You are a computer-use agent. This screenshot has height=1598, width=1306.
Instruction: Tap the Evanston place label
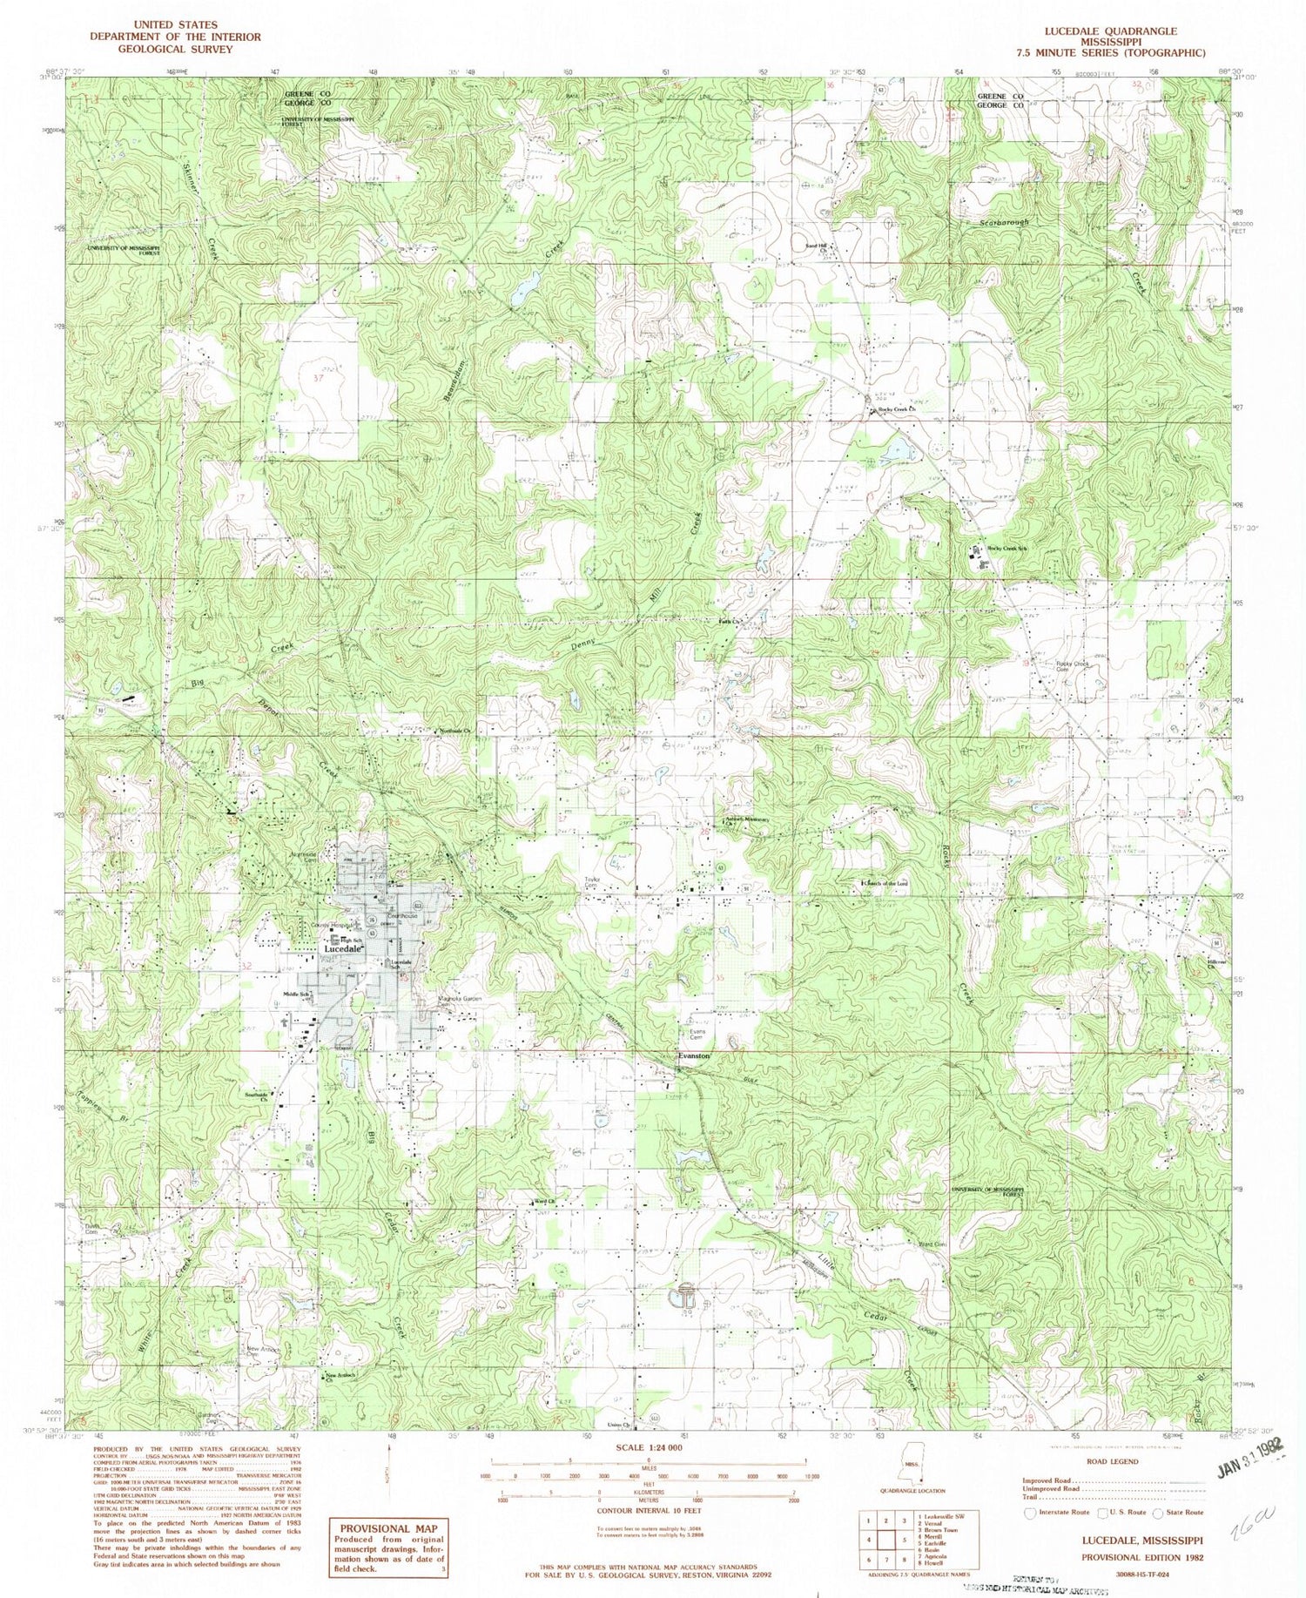(x=695, y=1055)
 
